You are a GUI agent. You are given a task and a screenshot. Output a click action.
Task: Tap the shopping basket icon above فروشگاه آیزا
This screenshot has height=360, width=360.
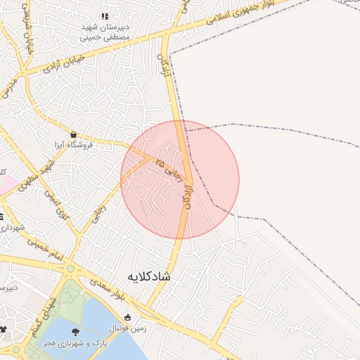point(74,134)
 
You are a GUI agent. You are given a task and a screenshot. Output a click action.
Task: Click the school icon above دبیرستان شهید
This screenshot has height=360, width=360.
point(105,16)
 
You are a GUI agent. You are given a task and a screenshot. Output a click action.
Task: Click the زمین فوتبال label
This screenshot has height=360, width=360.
point(127,328)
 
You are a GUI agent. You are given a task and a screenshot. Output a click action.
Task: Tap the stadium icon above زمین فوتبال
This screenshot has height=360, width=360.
point(127,317)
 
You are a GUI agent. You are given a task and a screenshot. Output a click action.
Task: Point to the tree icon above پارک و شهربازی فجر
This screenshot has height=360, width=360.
point(75,330)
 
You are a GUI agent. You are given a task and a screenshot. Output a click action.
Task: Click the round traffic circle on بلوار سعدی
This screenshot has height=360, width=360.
point(70,269)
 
